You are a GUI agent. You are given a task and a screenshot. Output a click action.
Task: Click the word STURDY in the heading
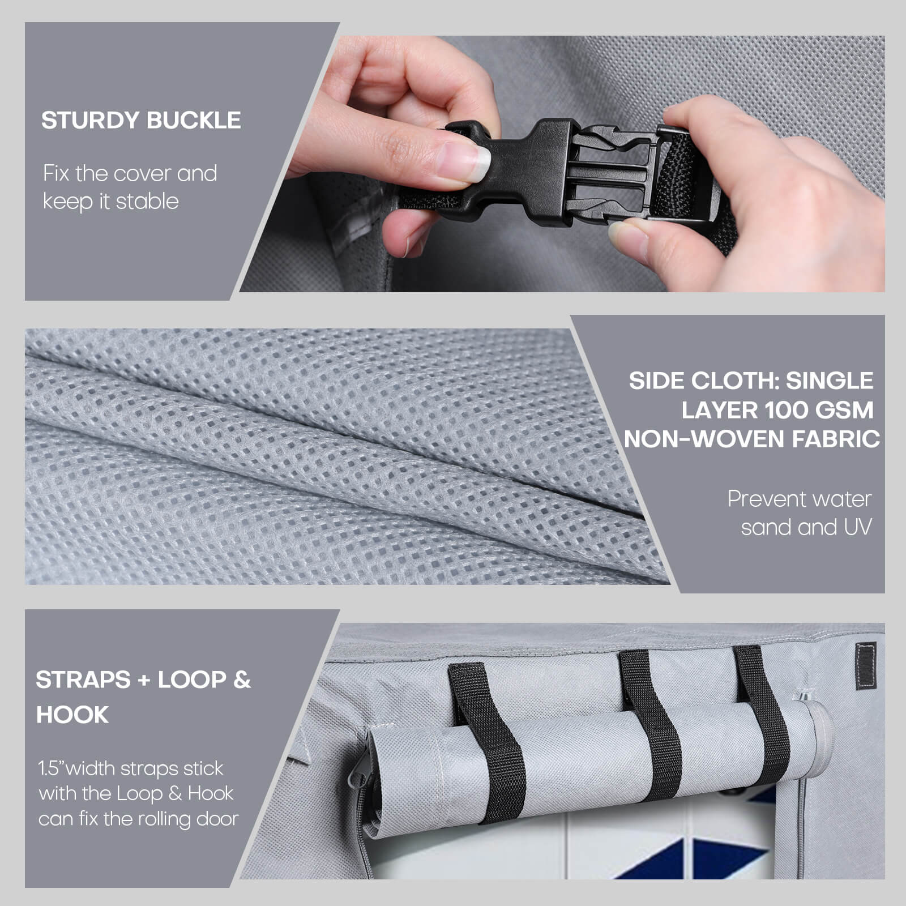point(91,121)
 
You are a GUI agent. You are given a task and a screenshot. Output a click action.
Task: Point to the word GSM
point(844,410)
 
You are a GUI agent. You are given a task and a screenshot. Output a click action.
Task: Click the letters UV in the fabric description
point(858,527)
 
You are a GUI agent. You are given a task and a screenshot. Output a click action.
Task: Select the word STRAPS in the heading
point(83,679)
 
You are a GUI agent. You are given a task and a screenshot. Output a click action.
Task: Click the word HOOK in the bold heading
point(72,715)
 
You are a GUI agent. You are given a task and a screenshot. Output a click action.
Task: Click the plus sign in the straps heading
point(144,680)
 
